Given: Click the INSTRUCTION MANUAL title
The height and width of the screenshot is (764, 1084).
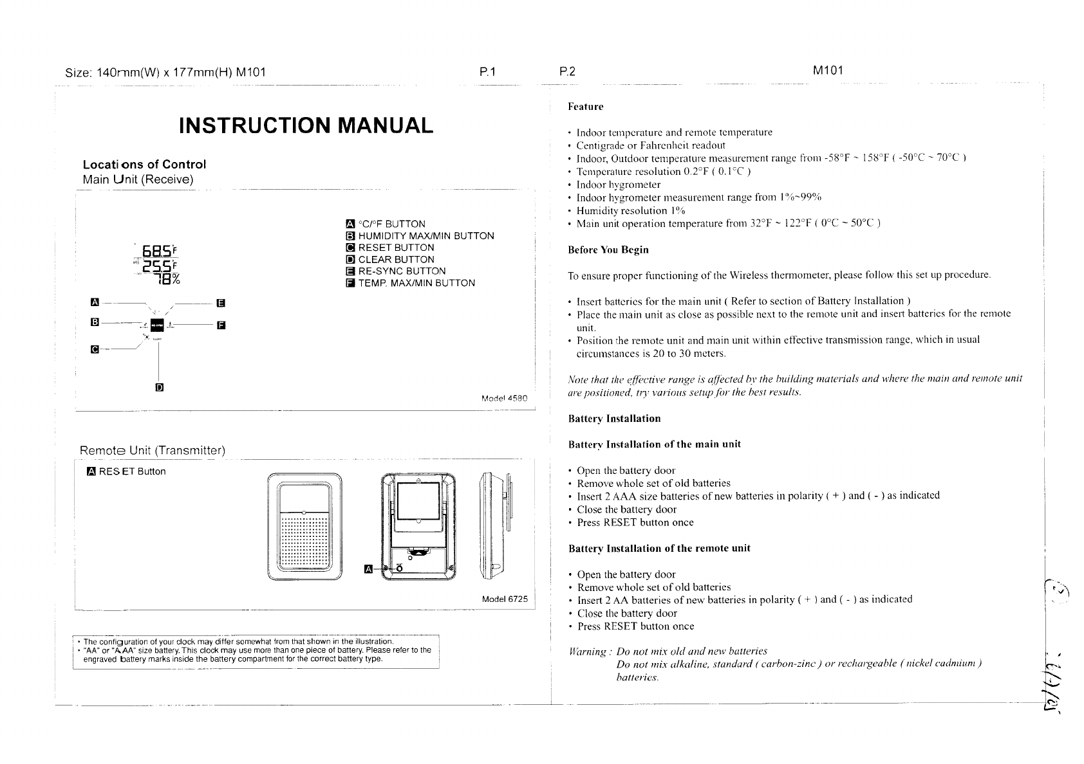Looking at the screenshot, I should tap(306, 125).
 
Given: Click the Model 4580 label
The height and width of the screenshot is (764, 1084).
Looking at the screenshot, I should tap(505, 399).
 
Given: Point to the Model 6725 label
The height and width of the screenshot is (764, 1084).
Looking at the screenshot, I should tap(505, 599).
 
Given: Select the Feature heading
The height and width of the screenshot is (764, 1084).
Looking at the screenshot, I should tap(585, 107).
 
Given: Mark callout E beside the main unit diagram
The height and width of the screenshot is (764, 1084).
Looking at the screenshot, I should tap(220, 302).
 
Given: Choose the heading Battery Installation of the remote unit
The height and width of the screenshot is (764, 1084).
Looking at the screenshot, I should tap(659, 549).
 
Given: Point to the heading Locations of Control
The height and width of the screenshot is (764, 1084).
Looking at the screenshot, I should tap(144, 165).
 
